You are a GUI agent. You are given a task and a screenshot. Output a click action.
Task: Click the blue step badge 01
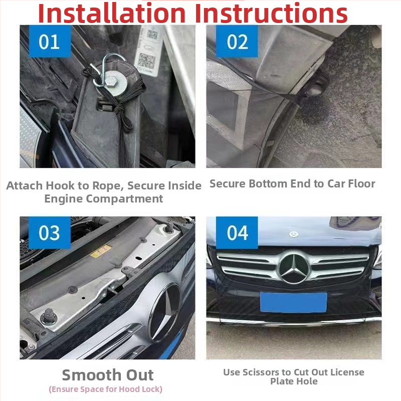(x=50, y=41)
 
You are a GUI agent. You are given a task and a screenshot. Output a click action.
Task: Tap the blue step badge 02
(x=237, y=41)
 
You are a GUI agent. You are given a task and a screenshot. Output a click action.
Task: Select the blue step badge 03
(x=50, y=233)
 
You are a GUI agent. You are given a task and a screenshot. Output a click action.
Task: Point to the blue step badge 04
(x=237, y=233)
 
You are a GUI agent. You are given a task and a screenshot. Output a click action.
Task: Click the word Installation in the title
(x=112, y=13)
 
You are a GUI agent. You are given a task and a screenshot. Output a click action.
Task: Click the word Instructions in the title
(x=271, y=13)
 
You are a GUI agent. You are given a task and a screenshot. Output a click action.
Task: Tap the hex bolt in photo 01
(x=111, y=82)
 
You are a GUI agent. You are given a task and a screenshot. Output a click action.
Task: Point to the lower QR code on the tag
(x=146, y=61)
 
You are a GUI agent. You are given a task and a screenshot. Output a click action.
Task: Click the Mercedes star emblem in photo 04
(x=294, y=268)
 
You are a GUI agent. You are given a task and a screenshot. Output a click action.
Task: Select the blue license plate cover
(x=294, y=303)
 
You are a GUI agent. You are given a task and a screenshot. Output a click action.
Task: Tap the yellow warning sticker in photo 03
(x=101, y=251)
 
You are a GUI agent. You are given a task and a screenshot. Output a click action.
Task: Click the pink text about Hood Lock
(x=106, y=389)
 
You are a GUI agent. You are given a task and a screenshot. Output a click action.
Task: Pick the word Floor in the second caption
(x=362, y=183)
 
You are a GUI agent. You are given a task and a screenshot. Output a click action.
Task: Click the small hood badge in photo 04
(x=294, y=234)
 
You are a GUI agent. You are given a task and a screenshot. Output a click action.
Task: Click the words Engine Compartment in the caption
(x=104, y=198)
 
